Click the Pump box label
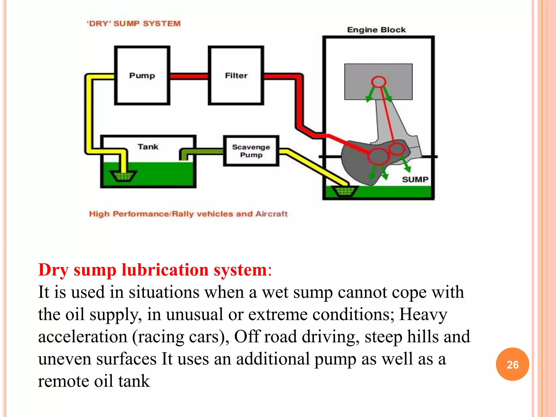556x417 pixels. point(142,75)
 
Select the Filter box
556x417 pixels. point(236,75)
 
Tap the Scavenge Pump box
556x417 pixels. point(251,151)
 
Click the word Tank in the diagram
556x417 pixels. point(148,147)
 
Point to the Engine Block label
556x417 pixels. point(376,30)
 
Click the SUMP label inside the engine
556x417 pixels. point(415,179)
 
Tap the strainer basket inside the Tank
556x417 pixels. point(123,176)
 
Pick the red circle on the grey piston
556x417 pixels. point(378,81)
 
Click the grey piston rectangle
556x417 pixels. point(358,81)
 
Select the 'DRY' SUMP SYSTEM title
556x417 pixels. point(134,24)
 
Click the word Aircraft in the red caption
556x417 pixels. point(271,214)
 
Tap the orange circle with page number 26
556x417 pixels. point(512,364)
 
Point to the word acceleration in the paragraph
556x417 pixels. point(83,337)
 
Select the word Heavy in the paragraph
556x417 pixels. point(423,314)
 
